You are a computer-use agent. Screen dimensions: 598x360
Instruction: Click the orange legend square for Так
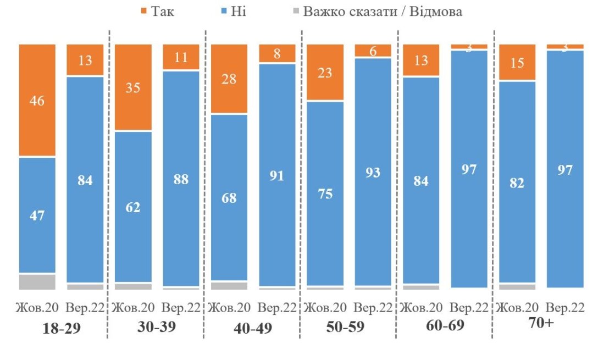click(x=145, y=12)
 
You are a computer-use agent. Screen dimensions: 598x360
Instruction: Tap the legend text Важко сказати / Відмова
click(x=382, y=12)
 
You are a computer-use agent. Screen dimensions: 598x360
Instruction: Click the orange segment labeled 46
click(x=37, y=100)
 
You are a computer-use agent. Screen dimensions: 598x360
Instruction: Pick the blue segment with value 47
click(x=37, y=215)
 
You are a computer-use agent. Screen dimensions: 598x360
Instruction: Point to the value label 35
click(x=133, y=88)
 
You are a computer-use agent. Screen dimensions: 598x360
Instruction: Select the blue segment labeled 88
click(x=181, y=179)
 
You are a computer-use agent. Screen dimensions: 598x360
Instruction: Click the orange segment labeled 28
click(x=229, y=79)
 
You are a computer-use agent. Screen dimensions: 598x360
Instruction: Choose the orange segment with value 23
click(x=325, y=73)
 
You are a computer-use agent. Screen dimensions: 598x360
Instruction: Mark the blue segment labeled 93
click(x=373, y=172)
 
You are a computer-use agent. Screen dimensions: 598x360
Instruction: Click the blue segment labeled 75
click(x=325, y=193)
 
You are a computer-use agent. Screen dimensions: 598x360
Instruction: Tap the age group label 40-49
click(x=253, y=329)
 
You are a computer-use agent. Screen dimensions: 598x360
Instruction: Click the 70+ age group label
click(x=541, y=323)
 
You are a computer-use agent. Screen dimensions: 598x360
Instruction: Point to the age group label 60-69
click(x=445, y=325)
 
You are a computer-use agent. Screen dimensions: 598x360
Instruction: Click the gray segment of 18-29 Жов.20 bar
click(x=37, y=281)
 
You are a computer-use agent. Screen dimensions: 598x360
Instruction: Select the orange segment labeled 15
click(x=517, y=63)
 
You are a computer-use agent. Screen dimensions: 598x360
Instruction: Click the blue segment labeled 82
click(x=517, y=182)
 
